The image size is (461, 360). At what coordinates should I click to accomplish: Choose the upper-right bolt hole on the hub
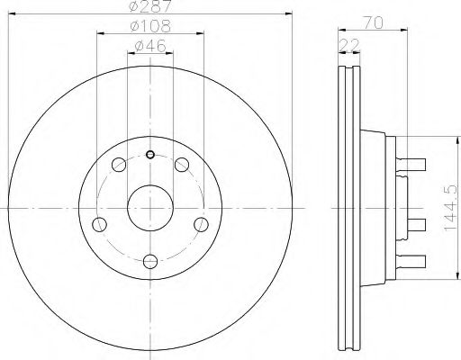(x=182, y=164)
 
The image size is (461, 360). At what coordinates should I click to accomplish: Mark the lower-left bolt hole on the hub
(x=100, y=224)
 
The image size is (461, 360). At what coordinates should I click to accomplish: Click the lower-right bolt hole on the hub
(x=201, y=224)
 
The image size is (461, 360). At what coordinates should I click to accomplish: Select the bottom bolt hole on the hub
(x=150, y=261)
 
